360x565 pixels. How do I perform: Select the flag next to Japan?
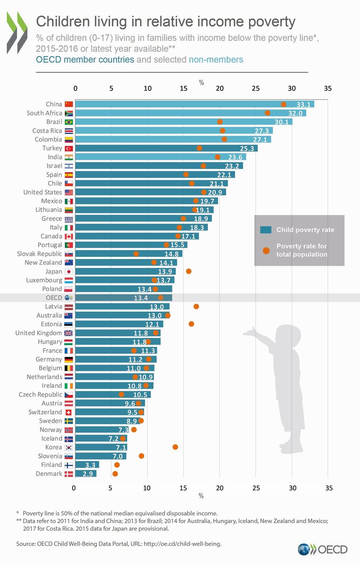coord(69,272)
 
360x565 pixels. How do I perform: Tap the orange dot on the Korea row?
coord(175,447)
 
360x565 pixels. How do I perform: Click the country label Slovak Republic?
coord(40,254)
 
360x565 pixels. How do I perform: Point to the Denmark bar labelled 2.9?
coord(85,474)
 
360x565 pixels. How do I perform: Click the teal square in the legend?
coord(266,230)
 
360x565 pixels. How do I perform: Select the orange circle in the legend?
coord(266,250)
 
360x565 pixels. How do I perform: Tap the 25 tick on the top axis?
coord(255,88)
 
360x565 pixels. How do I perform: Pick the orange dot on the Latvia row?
coord(196,307)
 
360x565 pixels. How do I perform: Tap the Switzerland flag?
coord(69,412)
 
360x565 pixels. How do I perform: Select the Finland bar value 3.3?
coord(90,465)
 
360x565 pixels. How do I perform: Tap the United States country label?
coord(43,192)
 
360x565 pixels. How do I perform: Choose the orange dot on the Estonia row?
coord(191,324)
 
